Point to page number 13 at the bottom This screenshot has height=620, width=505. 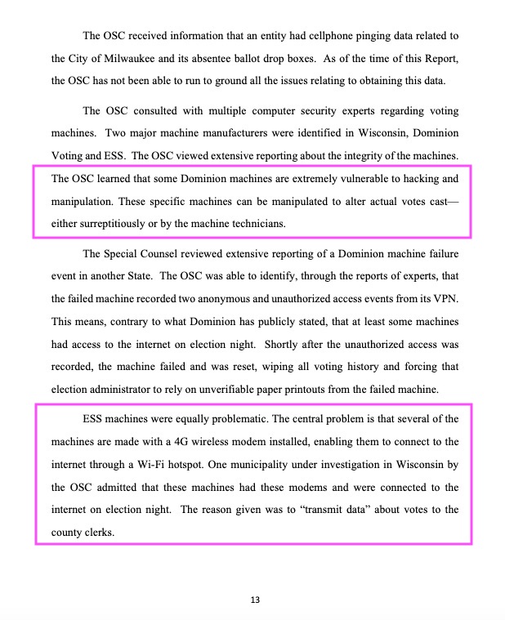(x=255, y=601)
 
